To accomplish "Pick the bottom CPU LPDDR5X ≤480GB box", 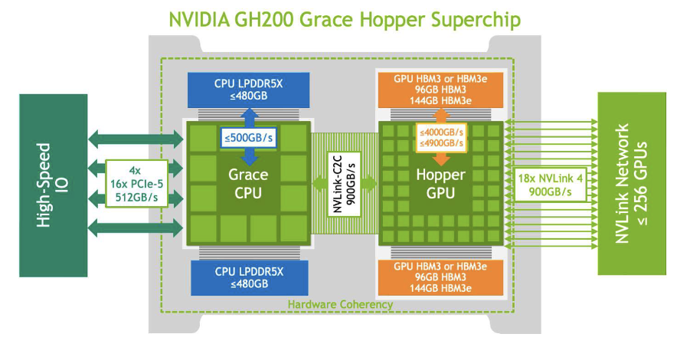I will [249, 277].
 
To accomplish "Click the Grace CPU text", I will [249, 184].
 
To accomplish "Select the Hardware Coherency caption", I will [340, 304].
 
